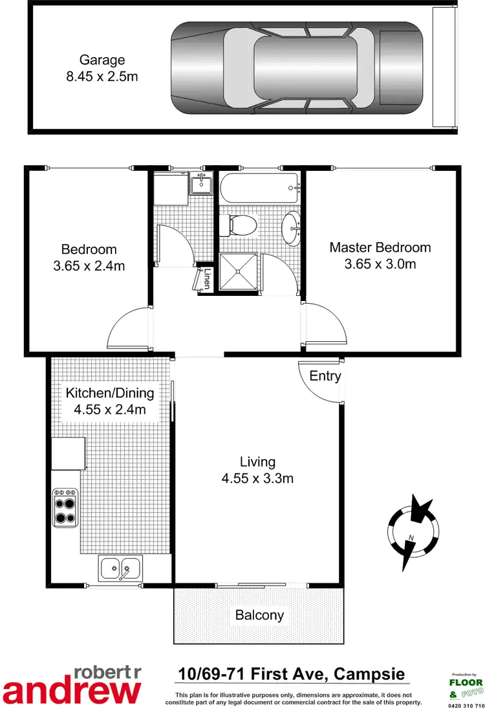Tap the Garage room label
coord(102,60)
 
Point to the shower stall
coord(239,271)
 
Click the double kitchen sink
coord(120,568)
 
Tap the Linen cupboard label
coord(207,281)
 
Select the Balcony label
coord(259,615)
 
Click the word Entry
coord(325,376)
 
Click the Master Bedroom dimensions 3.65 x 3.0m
coord(380,264)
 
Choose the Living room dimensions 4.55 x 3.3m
coord(257,478)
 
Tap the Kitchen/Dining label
coord(110,392)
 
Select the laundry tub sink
coord(201,185)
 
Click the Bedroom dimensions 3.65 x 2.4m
coord(89,265)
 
